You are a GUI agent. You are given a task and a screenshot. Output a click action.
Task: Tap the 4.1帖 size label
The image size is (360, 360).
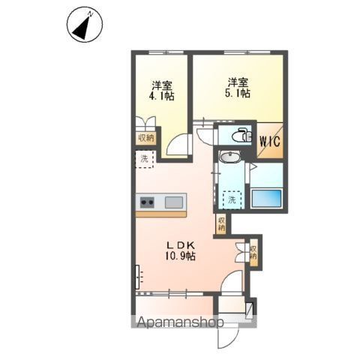pyautogui.click(x=160, y=96)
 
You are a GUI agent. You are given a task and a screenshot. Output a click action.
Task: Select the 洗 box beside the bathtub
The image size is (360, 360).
pyautogui.click(x=233, y=200)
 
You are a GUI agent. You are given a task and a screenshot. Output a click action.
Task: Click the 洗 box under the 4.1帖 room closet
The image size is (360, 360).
pyautogui.click(x=145, y=160)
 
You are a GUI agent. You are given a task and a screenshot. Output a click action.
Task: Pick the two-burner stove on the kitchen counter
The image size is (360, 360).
pyautogui.click(x=147, y=202)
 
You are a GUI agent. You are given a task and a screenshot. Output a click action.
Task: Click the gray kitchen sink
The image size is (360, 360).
pyautogui.click(x=174, y=202)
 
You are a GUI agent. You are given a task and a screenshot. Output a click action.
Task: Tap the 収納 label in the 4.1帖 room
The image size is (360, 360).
pyautogui.click(x=145, y=138)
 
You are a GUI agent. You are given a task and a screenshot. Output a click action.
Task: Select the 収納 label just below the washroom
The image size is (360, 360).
pyautogui.click(x=221, y=223)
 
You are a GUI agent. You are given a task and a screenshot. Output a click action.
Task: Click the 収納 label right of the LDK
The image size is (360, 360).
pyautogui.click(x=253, y=253)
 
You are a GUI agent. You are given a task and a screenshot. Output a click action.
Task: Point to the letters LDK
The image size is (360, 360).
pyautogui.click(x=180, y=244)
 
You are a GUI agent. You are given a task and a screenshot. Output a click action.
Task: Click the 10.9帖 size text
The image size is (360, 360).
pyautogui.click(x=180, y=256)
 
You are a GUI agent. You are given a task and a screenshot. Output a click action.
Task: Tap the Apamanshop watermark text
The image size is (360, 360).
pyautogui.click(x=180, y=324)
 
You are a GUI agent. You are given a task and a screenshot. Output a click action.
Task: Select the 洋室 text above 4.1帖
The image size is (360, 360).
pyautogui.click(x=160, y=84)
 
